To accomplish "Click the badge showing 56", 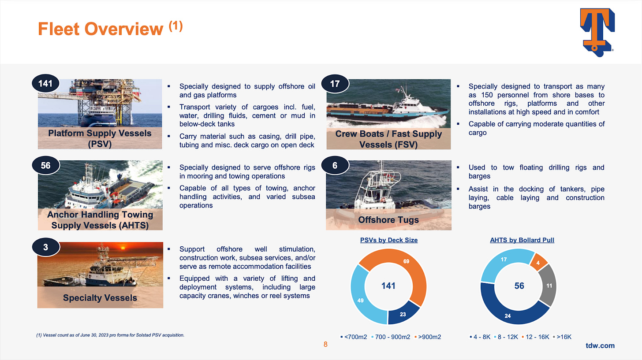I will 45,166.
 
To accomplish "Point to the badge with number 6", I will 335,166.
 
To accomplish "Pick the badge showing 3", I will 45,247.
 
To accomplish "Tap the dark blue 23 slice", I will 403,314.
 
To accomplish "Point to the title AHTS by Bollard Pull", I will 522,240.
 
